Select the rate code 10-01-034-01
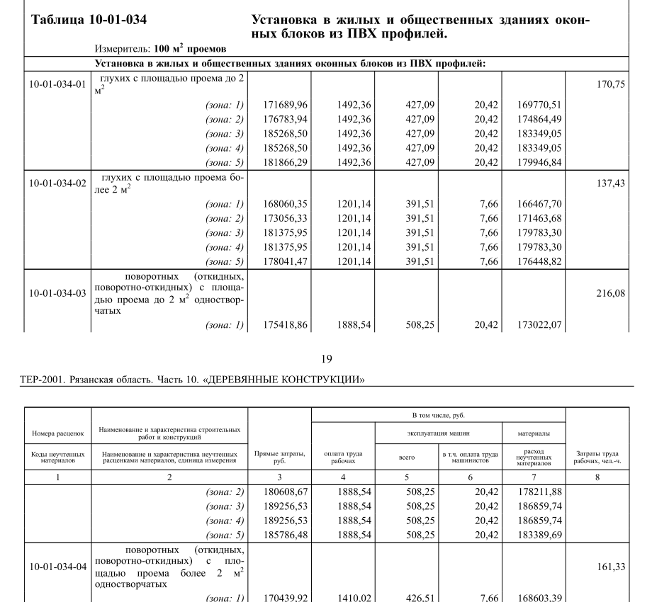coord(57,84)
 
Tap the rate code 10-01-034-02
coord(57,183)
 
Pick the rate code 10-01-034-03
coord(57,293)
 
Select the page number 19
coord(325,359)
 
